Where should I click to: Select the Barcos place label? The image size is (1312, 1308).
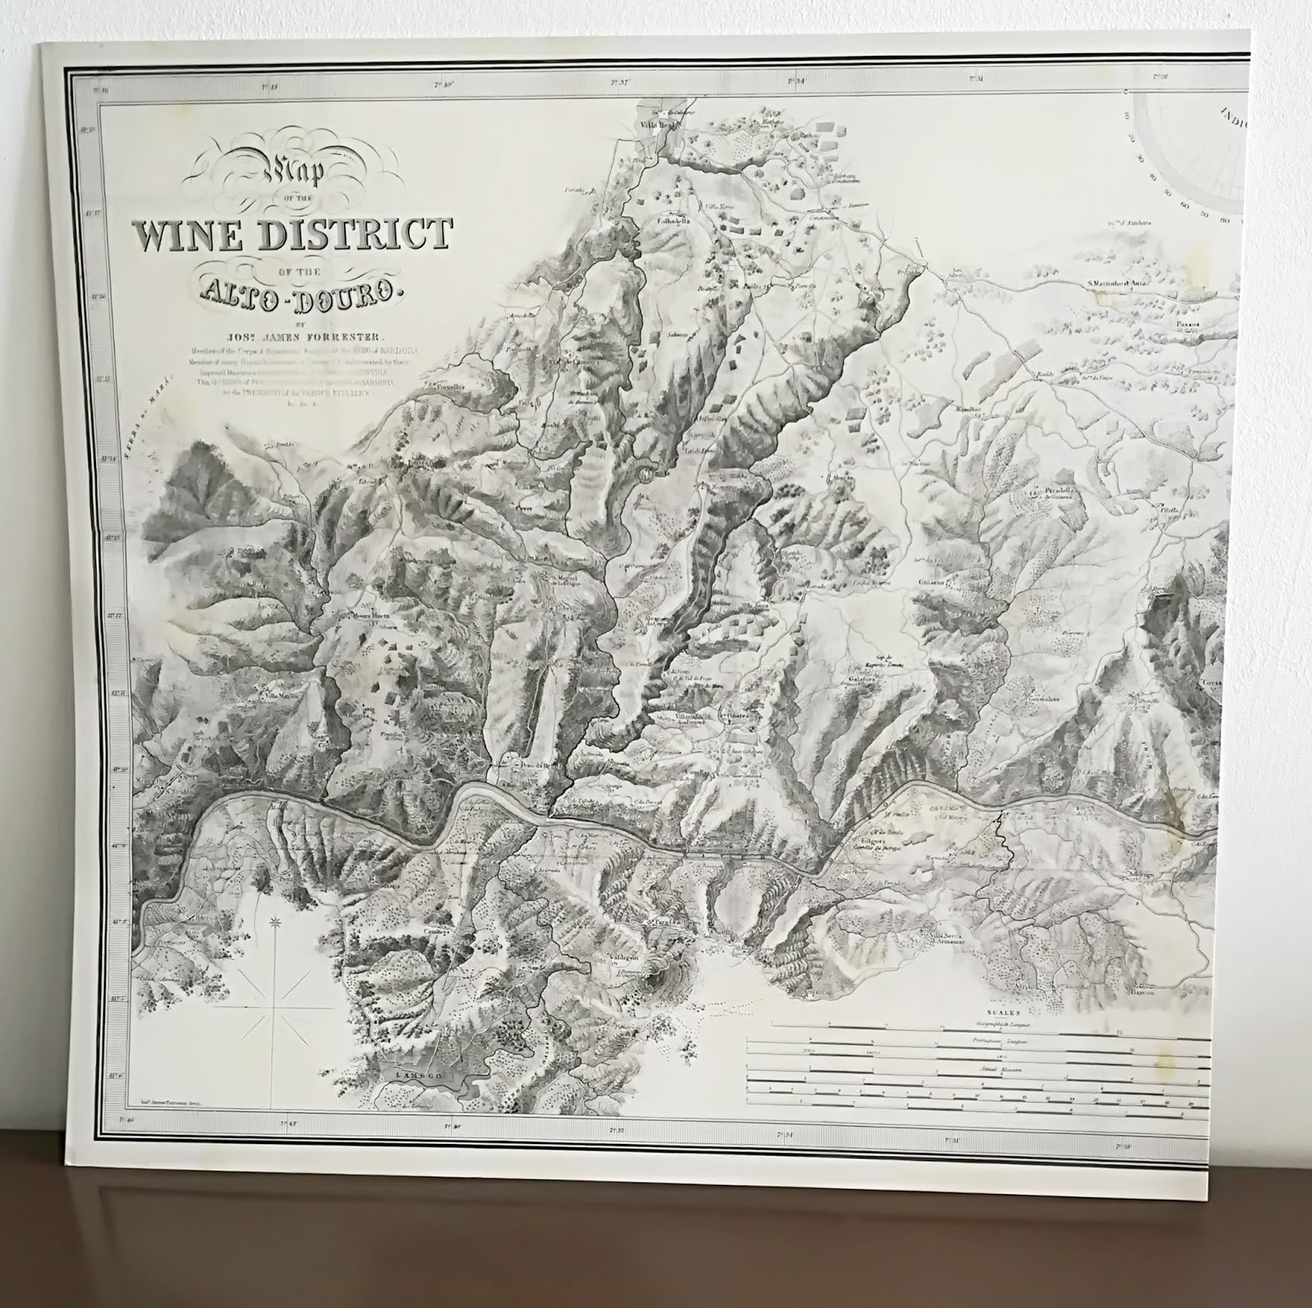pyautogui.click(x=1146, y=991)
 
